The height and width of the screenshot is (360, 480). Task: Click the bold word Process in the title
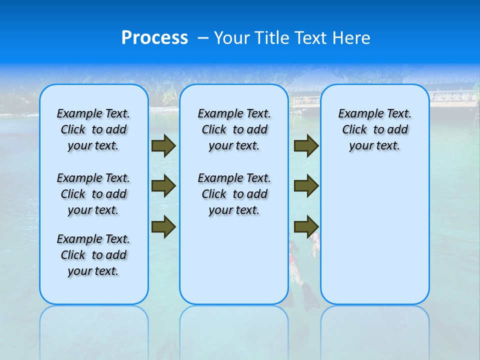[x=154, y=38]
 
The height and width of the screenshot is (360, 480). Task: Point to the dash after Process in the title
[x=203, y=38]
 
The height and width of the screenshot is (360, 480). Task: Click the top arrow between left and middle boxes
[x=163, y=146]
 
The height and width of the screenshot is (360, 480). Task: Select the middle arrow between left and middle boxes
[x=163, y=186]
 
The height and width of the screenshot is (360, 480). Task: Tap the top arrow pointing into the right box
[x=306, y=146]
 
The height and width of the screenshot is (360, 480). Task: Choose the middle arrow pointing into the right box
[x=306, y=186]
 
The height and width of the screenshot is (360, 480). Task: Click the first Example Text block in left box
[x=93, y=129]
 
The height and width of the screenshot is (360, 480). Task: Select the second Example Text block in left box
[x=93, y=194]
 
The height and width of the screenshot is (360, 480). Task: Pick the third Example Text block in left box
[x=93, y=255]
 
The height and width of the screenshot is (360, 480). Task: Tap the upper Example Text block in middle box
[x=234, y=129]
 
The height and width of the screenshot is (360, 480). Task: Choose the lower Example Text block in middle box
[x=234, y=194]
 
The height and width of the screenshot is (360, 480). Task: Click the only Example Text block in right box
[x=374, y=129]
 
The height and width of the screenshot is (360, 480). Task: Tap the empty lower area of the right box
[x=374, y=240]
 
